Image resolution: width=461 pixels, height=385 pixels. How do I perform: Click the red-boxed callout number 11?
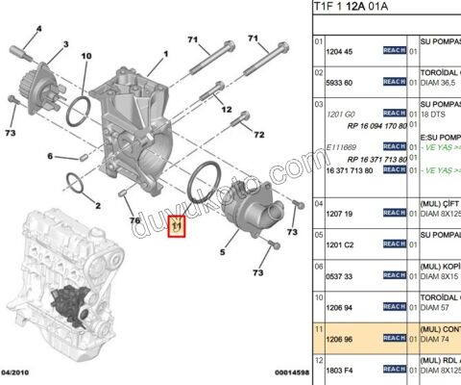[176, 228]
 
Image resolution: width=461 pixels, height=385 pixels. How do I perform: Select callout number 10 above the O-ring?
[85, 57]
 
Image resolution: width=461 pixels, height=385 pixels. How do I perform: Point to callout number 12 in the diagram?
[228, 110]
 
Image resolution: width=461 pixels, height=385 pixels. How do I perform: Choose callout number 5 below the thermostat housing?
[223, 252]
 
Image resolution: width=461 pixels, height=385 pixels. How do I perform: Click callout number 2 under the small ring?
[98, 205]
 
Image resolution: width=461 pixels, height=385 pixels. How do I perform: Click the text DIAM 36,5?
[428, 83]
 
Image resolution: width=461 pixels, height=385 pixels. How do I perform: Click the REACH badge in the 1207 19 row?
[394, 212]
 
